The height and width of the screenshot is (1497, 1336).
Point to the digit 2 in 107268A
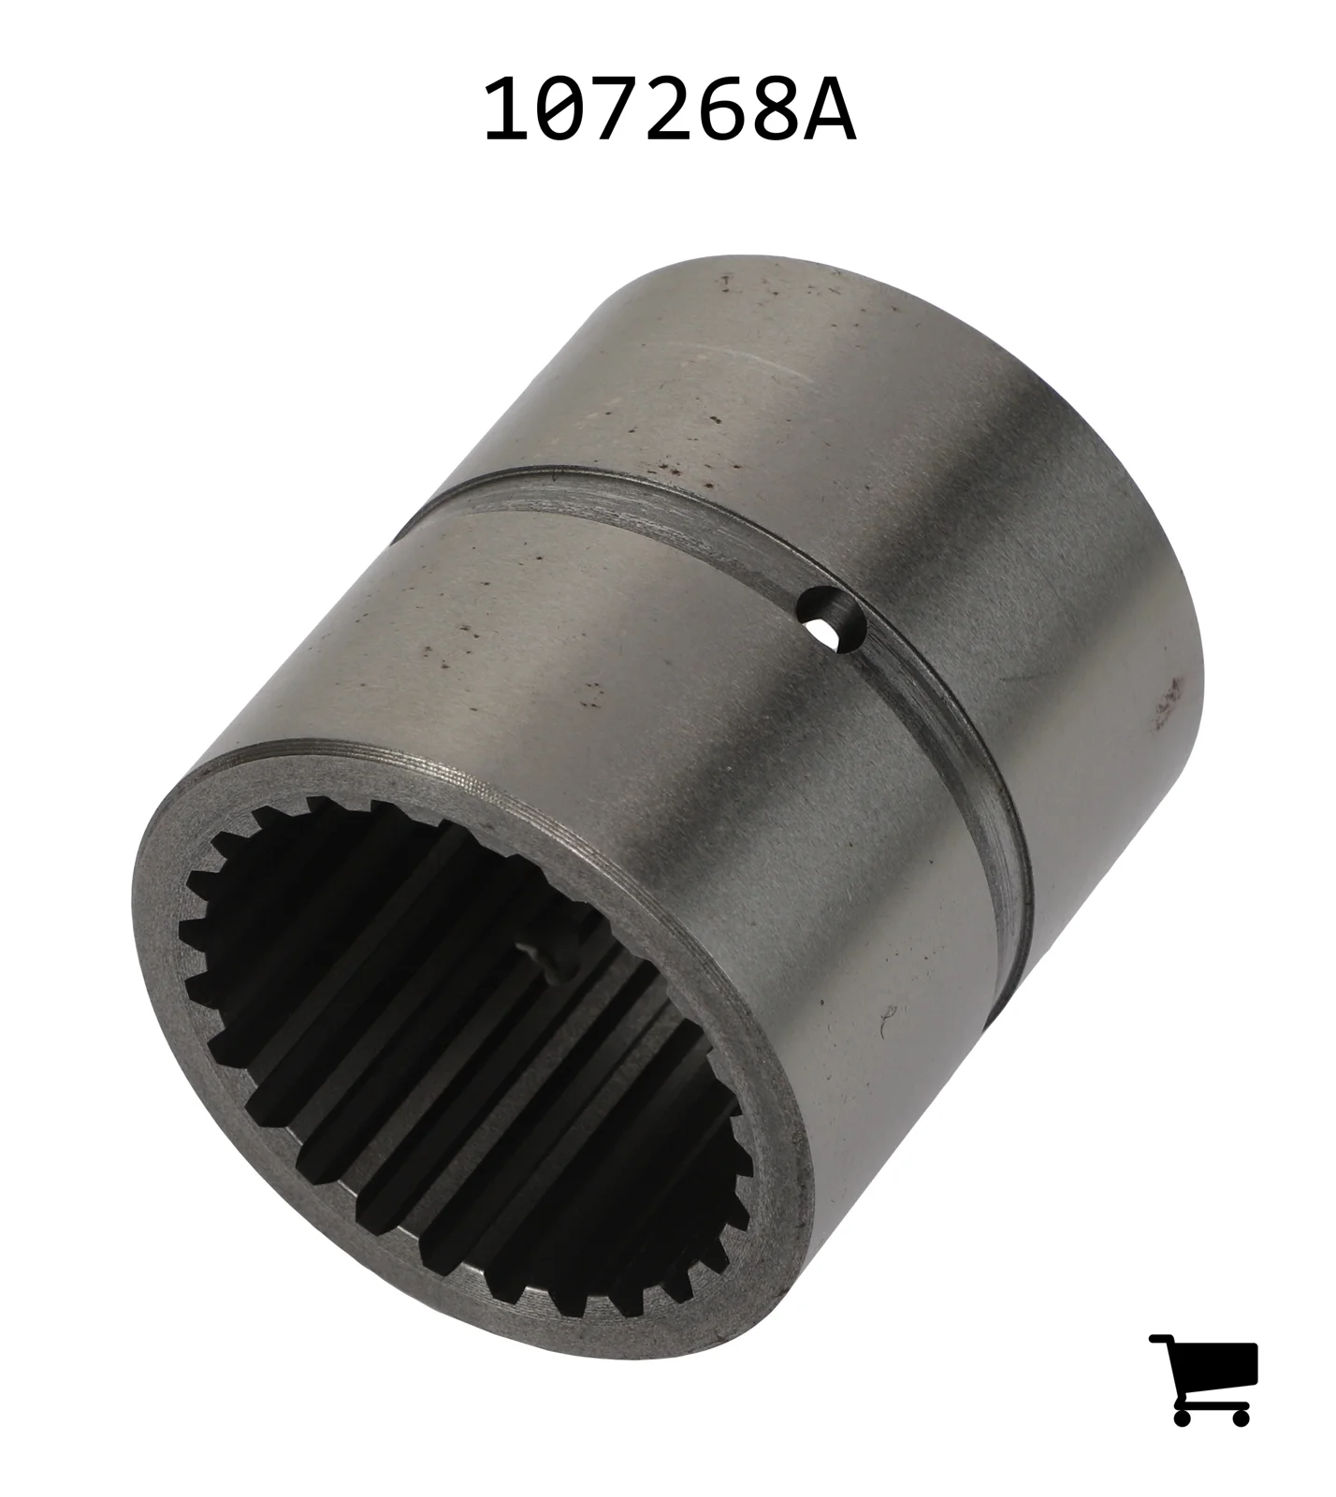pos(670,110)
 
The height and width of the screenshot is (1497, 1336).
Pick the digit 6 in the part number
pos(724,110)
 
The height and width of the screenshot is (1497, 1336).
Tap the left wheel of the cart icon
pos(1183,1417)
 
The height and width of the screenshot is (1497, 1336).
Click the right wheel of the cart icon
pos(1240,1417)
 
